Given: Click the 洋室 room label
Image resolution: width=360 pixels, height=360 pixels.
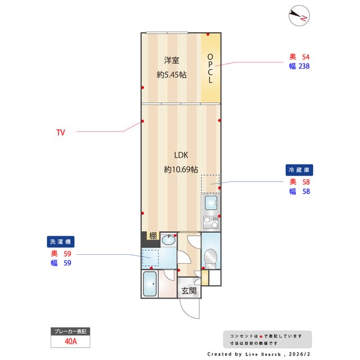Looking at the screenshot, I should pos(172,60).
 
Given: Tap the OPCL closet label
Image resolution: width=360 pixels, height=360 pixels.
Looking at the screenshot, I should pos(210,69).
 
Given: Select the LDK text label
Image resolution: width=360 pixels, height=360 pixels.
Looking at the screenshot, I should pos(181,155).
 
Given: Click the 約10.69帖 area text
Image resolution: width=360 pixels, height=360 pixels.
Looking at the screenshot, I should pos(181,169).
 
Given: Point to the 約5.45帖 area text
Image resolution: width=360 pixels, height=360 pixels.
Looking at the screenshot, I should pos(172,75).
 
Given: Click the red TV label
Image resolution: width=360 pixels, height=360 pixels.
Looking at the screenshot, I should pos(61,133).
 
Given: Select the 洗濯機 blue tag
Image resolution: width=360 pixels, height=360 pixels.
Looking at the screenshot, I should pos(61,241).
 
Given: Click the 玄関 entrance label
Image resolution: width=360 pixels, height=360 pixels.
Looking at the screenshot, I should pos(188,291).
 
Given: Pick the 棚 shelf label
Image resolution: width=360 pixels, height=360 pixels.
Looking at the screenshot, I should pos(152,236).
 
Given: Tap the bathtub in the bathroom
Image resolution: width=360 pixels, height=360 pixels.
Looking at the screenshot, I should pos(150,284).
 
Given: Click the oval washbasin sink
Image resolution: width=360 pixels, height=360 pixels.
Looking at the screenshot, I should pos(168,241).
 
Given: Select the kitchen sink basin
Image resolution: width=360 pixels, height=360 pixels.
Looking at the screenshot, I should pos(211,203).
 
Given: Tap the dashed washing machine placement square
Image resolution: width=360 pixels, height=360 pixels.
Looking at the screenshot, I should pos(150,258).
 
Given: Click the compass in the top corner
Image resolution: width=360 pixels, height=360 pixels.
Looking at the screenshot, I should pos(299,16).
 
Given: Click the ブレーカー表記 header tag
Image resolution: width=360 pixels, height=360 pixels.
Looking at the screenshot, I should pos(71,331).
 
